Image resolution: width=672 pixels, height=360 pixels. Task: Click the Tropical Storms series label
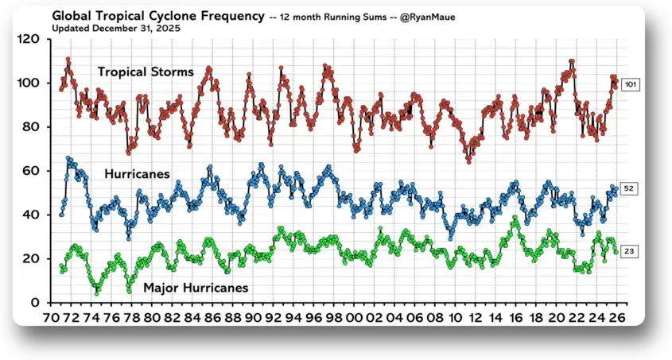[x=146, y=72]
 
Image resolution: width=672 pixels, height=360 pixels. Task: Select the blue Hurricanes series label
[x=137, y=174]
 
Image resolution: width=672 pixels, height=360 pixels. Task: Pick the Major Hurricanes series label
[x=196, y=288]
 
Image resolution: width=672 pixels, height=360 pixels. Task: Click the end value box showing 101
[x=630, y=85]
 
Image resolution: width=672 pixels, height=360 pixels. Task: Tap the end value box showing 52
[x=629, y=188]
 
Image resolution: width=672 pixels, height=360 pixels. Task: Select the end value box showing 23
[x=629, y=251]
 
